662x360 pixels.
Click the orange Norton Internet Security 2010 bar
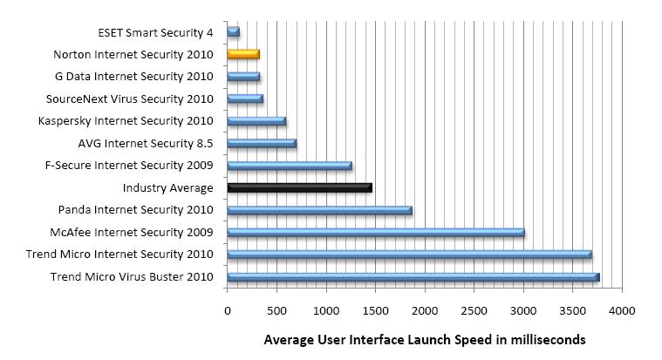tap(243, 54)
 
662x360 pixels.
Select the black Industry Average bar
tap(299, 187)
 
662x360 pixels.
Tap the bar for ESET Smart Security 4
tap(233, 32)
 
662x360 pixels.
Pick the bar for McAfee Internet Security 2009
tap(375, 233)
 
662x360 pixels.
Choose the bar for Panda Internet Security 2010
tap(319, 210)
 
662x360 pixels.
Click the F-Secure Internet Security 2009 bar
tap(289, 166)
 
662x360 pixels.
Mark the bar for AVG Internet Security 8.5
tap(262, 143)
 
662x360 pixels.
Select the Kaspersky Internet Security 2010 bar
tap(256, 121)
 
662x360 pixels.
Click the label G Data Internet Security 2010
tap(133, 77)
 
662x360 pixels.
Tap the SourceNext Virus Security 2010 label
tap(128, 98)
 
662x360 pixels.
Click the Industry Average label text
tap(167, 187)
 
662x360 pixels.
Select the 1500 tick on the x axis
tap(375, 309)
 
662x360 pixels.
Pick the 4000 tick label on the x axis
tap(622, 309)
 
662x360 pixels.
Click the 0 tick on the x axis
tap(228, 309)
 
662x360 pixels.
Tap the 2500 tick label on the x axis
tap(474, 309)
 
